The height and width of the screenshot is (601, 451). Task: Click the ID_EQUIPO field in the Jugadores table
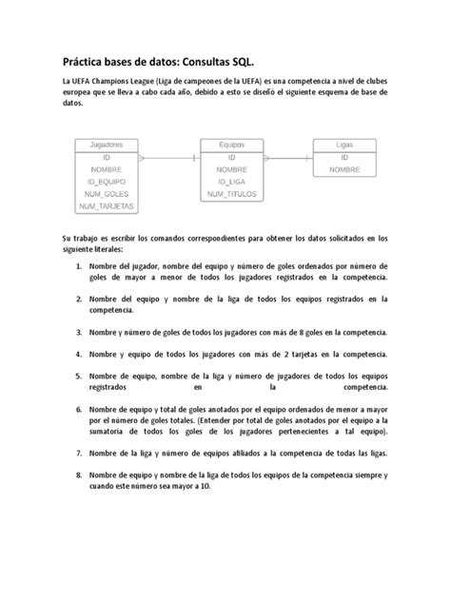[x=106, y=181]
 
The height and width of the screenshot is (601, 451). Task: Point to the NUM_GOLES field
[x=106, y=193]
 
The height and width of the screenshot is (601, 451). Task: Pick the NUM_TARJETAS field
[x=106, y=205]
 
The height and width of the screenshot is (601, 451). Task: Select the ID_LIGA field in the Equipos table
[x=232, y=181]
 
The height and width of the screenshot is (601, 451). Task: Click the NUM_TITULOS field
[x=232, y=193]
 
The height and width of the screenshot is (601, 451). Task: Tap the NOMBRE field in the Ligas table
[x=344, y=168]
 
